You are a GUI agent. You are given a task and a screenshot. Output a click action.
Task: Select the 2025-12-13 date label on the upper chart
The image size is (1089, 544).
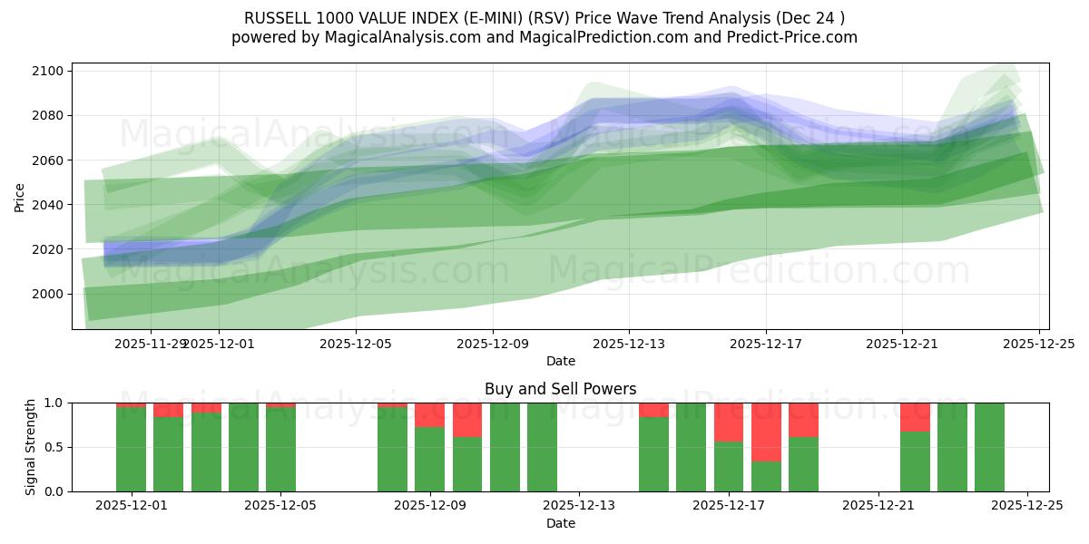pos(629,345)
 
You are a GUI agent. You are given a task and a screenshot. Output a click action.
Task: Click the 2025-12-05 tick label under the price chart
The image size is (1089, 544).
pos(356,345)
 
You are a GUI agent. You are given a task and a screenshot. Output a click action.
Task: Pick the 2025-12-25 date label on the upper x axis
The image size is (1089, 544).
pos(1038,345)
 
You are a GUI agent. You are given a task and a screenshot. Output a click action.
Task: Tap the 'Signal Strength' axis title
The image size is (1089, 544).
pos(31,447)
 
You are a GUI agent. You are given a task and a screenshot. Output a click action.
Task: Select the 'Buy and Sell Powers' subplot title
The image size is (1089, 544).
pos(560,389)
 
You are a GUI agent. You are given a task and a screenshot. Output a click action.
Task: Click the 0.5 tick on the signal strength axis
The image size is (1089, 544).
pos(53,447)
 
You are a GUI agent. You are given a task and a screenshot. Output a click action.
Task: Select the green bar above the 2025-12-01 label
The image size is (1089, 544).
pos(132,449)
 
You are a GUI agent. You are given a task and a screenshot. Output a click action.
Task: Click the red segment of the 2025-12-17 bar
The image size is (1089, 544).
pos(729,423)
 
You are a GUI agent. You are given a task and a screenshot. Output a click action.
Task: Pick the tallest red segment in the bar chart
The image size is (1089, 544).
pos(766,432)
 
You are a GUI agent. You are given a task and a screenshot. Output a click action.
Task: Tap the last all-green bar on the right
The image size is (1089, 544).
pos(989,447)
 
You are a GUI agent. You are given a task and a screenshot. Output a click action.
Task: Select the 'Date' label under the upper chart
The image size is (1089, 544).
pos(560,361)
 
